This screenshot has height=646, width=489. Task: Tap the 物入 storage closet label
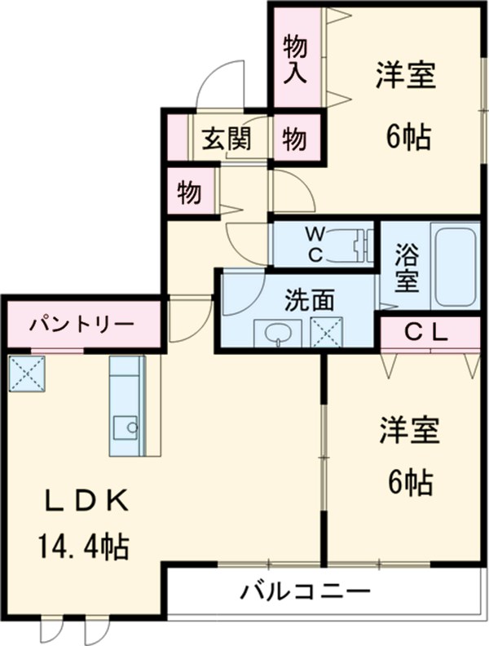coord(294,59)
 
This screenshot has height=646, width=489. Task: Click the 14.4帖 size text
coord(81,545)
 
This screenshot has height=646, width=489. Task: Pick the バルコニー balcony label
coord(305,590)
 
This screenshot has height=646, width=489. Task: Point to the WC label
coord(314,244)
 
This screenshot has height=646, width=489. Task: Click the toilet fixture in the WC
coord(354,243)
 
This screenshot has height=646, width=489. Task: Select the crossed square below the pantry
coord(28,372)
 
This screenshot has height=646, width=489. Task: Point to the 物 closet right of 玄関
coord(295,139)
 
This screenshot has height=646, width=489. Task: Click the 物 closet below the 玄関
coord(190,192)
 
